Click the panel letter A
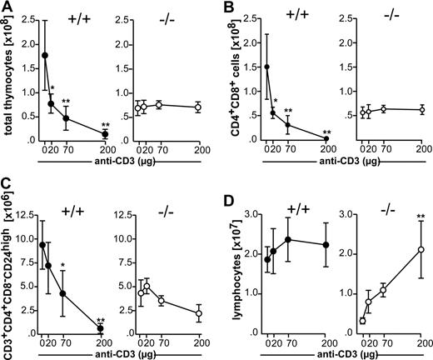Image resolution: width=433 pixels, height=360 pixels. pyautogui.click(x=7, y=7)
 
